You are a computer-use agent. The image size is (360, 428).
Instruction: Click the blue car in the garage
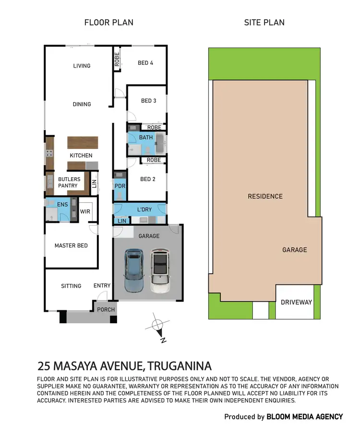click(x=134, y=270)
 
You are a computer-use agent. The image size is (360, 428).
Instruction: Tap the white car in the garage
click(x=160, y=271)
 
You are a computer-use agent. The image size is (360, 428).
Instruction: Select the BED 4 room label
click(x=145, y=62)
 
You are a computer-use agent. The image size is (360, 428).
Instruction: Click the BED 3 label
click(x=148, y=101)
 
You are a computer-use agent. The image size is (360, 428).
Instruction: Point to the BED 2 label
click(x=148, y=179)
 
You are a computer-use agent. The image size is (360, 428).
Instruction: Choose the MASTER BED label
click(x=71, y=245)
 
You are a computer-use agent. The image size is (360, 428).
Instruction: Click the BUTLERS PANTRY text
click(x=69, y=183)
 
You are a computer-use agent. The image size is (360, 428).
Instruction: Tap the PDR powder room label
click(x=120, y=186)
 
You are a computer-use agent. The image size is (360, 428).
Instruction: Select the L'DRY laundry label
click(x=144, y=210)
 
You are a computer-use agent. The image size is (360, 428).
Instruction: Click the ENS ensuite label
click(x=63, y=205)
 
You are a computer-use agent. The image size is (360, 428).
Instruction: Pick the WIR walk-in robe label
click(x=85, y=211)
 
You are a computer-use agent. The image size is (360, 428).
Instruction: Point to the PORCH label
click(x=106, y=309)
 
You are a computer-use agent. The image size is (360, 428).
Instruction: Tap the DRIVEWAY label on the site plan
click(x=296, y=302)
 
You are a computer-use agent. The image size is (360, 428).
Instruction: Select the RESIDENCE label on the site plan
click(x=265, y=196)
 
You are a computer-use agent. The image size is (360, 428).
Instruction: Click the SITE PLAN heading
click(x=264, y=23)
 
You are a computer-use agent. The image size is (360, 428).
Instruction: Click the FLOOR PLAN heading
click(x=109, y=23)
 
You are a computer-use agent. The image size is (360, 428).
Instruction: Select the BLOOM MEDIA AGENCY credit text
click(x=305, y=416)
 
